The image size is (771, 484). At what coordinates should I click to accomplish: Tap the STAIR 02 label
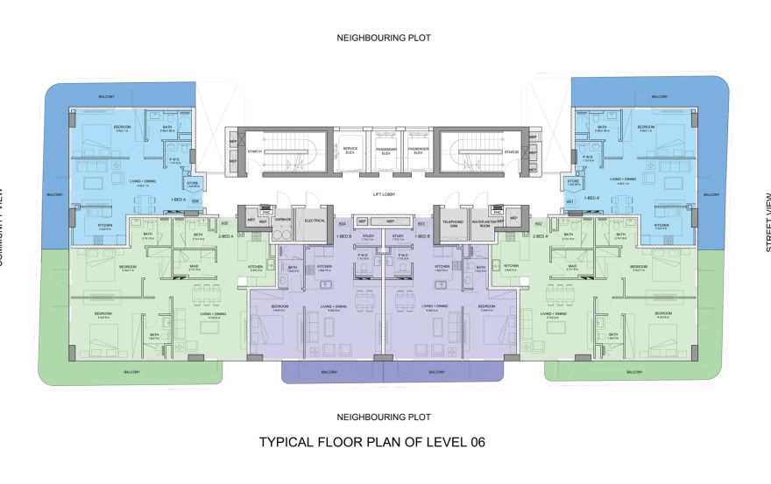[x=512, y=151]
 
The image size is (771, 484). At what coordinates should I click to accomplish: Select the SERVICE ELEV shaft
[x=350, y=151]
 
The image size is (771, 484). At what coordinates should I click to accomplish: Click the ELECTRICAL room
[x=315, y=221]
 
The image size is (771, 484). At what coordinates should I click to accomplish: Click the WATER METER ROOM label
[x=484, y=221]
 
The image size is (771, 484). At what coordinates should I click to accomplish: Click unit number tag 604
[x=343, y=224]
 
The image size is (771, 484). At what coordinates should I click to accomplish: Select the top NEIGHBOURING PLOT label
[x=385, y=39]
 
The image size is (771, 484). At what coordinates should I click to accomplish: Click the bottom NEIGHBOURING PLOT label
[x=385, y=417]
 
